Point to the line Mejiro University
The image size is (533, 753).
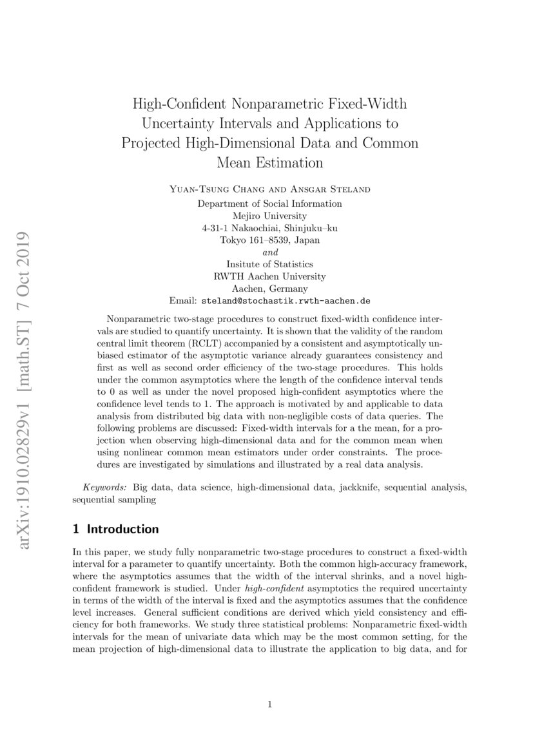(269, 216)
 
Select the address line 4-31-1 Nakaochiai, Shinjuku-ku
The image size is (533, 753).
(269, 228)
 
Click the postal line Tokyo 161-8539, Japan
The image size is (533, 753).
(269, 240)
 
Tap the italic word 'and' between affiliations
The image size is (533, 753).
(270, 252)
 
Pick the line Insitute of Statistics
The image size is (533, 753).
(269, 264)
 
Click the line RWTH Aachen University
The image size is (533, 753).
(269, 276)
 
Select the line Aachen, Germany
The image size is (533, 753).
(269, 288)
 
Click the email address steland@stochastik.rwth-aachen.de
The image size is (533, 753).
(286, 301)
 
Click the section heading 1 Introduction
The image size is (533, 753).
(115, 529)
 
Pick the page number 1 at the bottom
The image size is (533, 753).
(270, 704)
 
